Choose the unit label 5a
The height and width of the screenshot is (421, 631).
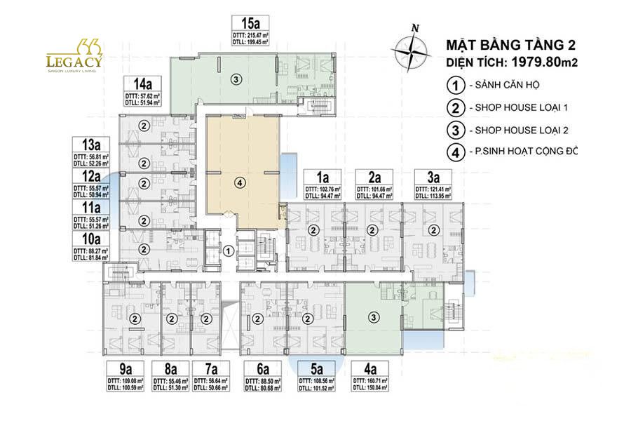317,369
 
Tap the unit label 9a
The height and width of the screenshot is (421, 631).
125,369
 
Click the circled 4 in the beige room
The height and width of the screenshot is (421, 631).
240,183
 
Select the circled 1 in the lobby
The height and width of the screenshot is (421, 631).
229,250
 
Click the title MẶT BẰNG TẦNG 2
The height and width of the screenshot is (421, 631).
511,46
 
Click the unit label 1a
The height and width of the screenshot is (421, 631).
322,177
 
